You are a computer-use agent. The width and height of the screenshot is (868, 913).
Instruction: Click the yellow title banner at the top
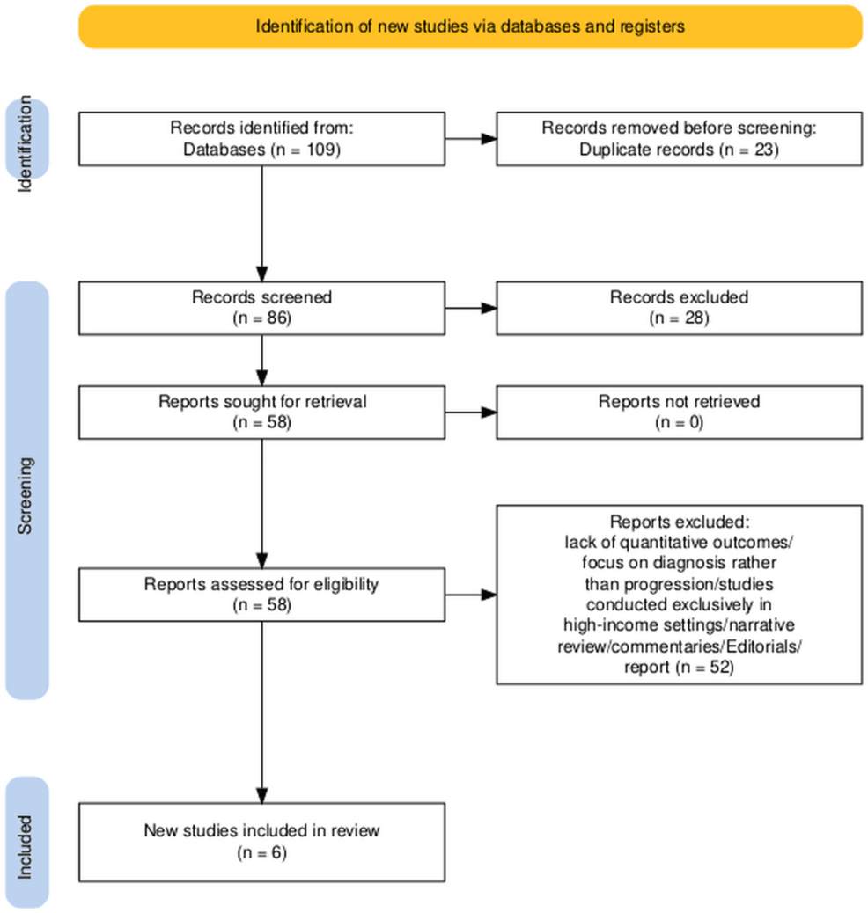coord(470,26)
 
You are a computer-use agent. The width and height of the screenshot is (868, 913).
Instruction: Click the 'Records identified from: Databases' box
coord(261,139)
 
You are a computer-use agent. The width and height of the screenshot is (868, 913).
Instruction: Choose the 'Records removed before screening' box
coord(679,139)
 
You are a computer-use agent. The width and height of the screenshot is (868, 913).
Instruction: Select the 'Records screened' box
coord(261,308)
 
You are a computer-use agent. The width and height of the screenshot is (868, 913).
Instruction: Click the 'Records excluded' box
coord(679,308)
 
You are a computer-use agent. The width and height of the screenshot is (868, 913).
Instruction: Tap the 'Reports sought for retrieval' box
coord(261,412)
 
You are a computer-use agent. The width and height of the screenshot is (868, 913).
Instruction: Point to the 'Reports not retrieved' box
coord(679,412)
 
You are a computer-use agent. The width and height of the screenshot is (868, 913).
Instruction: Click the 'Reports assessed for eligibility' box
coord(261,594)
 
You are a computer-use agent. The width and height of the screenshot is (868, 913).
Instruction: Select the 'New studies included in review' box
coord(261,840)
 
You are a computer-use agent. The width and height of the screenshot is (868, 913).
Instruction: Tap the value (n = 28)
coord(679,318)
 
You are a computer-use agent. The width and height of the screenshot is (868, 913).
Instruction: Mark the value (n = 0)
coord(679,422)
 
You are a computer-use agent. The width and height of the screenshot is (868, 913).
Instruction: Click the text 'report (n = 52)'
coord(679,668)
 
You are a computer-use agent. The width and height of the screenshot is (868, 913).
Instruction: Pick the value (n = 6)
coord(261,851)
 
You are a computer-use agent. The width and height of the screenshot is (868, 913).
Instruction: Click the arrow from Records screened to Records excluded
coord(471,308)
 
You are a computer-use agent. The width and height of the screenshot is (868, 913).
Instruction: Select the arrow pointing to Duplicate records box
coord(471,139)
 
